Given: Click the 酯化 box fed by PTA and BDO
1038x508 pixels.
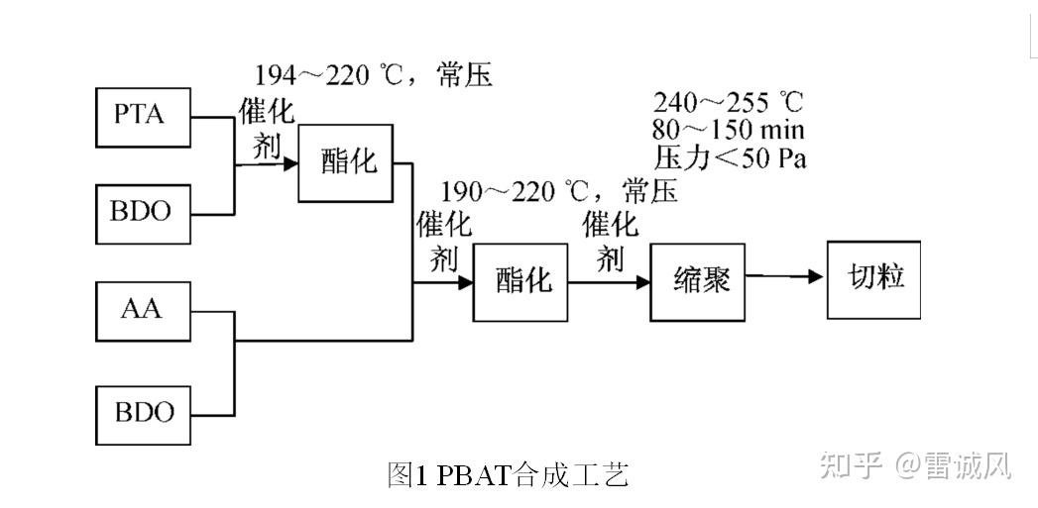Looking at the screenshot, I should click(346, 162).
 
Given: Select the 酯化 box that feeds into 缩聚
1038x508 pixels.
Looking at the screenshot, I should click(520, 281).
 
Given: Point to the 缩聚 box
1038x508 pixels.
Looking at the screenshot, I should click(698, 280).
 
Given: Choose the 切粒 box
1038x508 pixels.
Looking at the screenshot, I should click(873, 278).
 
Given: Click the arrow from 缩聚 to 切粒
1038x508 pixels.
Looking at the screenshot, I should click(785, 276).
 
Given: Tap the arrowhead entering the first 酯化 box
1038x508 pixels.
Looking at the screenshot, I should click(290, 163).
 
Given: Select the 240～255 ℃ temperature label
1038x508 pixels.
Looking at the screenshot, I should click(728, 102).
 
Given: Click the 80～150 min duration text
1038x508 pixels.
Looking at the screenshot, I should click(728, 130).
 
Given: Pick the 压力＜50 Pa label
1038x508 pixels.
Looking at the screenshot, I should click(730, 157).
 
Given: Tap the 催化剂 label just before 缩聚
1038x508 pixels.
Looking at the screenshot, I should click(609, 241).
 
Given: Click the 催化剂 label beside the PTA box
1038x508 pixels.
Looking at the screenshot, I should click(266, 129).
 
